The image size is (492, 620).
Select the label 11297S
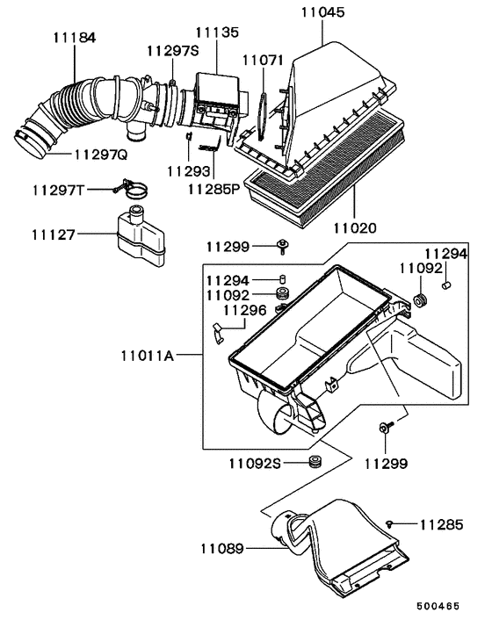[172, 50]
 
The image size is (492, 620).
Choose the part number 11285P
[213, 188]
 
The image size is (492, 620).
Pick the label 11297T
[59, 190]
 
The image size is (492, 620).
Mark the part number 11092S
[256, 463]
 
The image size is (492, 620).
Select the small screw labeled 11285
[389, 523]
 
